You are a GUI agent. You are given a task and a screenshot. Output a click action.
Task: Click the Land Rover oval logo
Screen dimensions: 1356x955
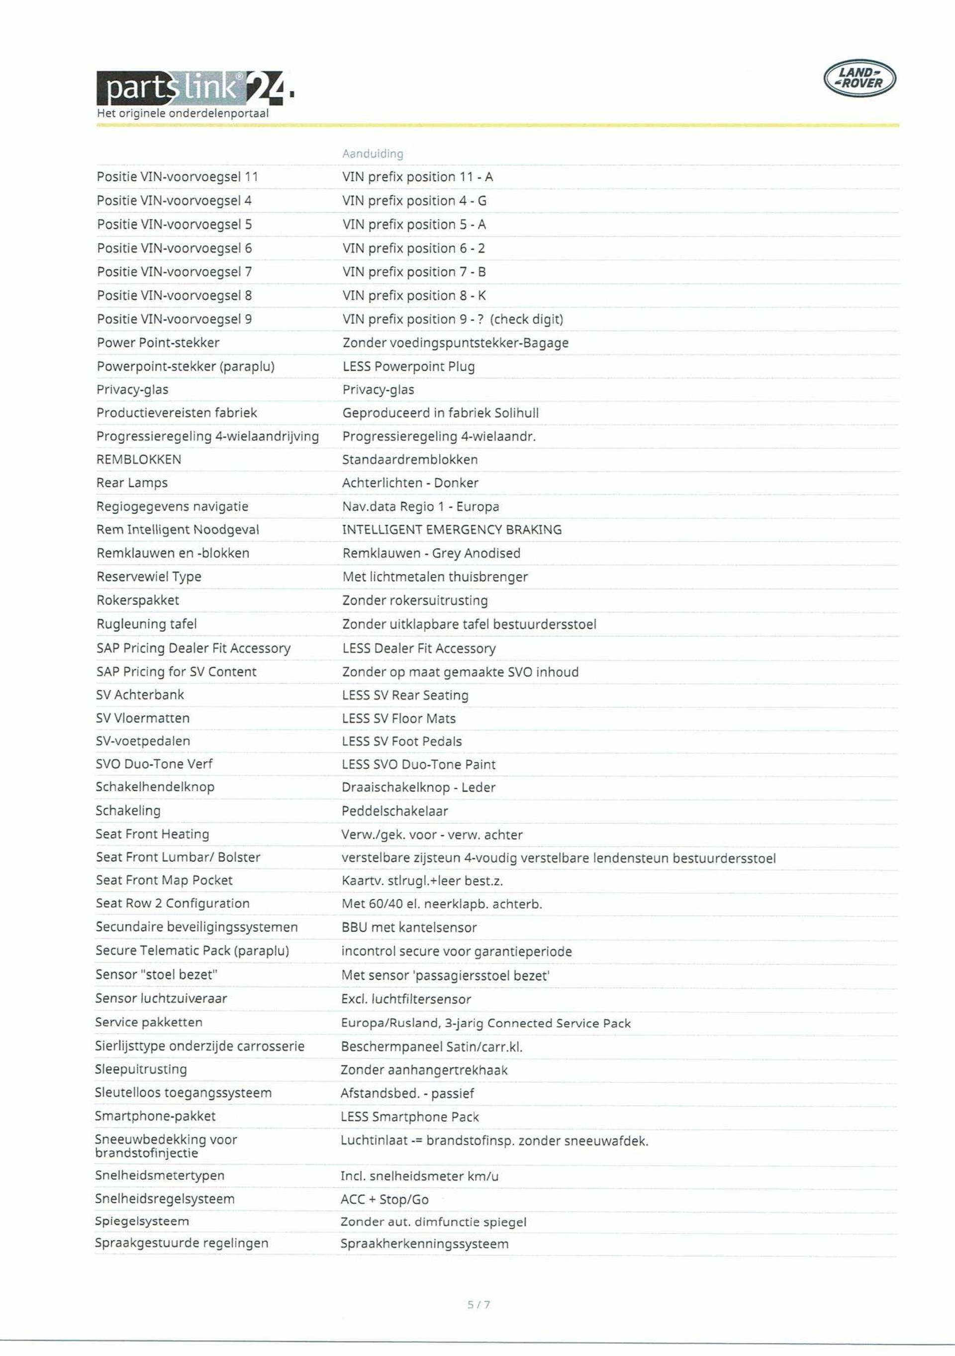tap(859, 79)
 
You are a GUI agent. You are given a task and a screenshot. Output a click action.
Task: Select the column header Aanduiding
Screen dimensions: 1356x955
tap(373, 154)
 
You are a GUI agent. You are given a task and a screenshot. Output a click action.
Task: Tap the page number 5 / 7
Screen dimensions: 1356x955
tap(478, 1305)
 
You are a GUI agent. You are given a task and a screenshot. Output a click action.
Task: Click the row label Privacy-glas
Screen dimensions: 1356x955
tap(132, 390)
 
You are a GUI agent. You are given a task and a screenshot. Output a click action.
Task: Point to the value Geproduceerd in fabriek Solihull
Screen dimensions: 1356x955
tap(440, 413)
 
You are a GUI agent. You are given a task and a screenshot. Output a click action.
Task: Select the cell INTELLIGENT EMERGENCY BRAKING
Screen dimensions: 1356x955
tap(452, 530)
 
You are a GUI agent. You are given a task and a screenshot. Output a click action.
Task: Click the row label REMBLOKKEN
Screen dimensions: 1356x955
tap(139, 459)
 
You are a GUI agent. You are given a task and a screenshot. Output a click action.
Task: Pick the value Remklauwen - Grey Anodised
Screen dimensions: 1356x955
tap(431, 553)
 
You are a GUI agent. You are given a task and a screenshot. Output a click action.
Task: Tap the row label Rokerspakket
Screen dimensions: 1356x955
tap(137, 600)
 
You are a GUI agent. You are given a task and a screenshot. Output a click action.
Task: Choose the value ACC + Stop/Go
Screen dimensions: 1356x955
tap(384, 1199)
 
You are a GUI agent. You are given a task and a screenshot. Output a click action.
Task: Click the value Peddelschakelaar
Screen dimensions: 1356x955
tap(394, 811)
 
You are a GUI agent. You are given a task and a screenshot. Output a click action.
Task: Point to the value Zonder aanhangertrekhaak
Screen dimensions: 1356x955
tap(424, 1070)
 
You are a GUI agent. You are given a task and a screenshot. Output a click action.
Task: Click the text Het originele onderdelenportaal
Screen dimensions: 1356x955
tap(183, 113)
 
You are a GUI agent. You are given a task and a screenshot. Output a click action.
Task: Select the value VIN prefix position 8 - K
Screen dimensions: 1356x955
tap(414, 295)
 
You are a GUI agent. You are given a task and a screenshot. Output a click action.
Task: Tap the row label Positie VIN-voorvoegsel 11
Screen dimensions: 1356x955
tap(177, 177)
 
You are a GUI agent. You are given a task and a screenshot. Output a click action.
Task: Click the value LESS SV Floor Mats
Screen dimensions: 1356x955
tap(398, 718)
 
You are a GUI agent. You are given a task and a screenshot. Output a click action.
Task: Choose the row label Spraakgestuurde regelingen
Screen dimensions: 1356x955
tap(181, 1243)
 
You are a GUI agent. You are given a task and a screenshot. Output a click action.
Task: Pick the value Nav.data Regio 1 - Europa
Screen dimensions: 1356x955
tap(420, 507)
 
